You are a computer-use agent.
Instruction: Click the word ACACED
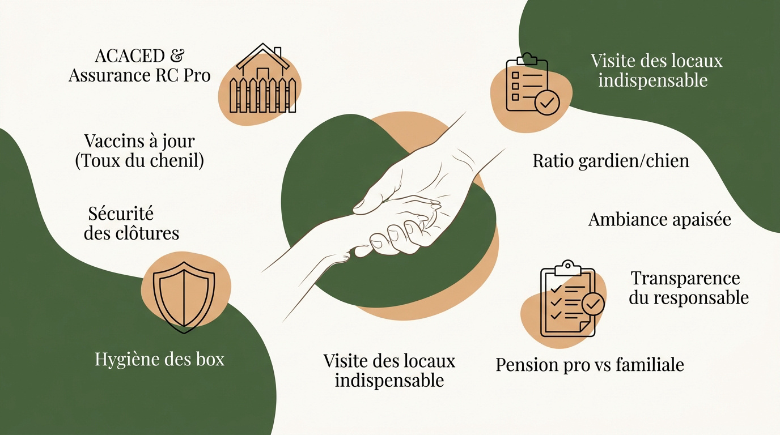(130, 56)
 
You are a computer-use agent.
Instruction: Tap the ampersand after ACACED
(177, 56)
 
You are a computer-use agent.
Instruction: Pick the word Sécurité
(121, 214)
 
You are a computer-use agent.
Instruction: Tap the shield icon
(184, 297)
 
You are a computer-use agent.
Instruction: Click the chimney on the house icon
(278, 53)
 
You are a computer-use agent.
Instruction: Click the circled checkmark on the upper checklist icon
(546, 103)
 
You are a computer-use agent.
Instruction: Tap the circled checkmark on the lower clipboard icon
(593, 304)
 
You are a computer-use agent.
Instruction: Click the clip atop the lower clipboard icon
(568, 268)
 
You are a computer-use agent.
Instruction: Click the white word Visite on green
(613, 61)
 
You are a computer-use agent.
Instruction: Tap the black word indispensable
(389, 381)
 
